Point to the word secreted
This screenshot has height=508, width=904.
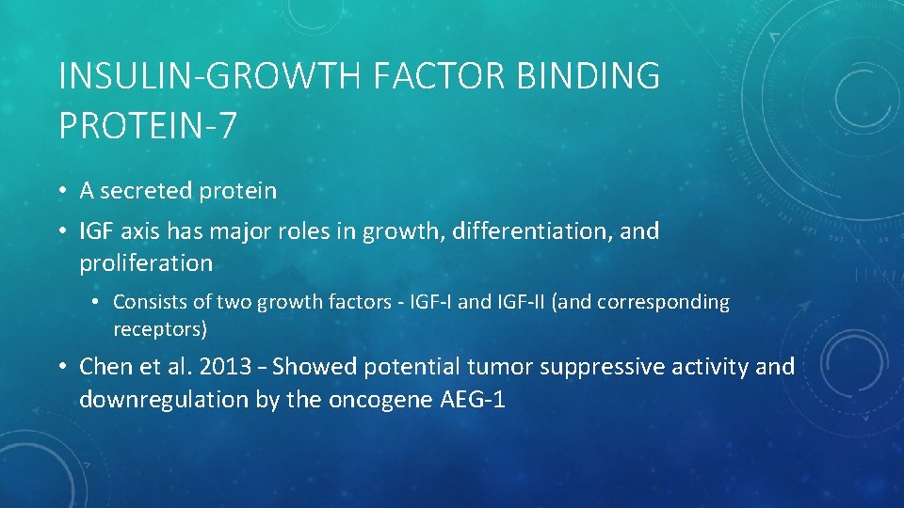[x=146, y=191]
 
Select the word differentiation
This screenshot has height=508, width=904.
[x=532, y=230]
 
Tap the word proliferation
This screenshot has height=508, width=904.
[x=146, y=263]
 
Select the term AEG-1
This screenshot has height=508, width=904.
[x=473, y=399]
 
